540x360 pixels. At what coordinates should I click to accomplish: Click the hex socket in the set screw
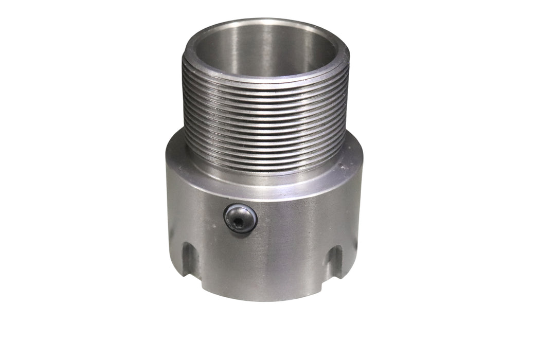pyautogui.click(x=240, y=219)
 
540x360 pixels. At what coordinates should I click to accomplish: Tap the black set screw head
pyautogui.click(x=245, y=213)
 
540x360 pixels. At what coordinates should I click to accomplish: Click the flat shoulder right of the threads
pyautogui.click(x=355, y=152)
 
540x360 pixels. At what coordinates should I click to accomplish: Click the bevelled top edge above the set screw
pyautogui.click(x=242, y=193)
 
